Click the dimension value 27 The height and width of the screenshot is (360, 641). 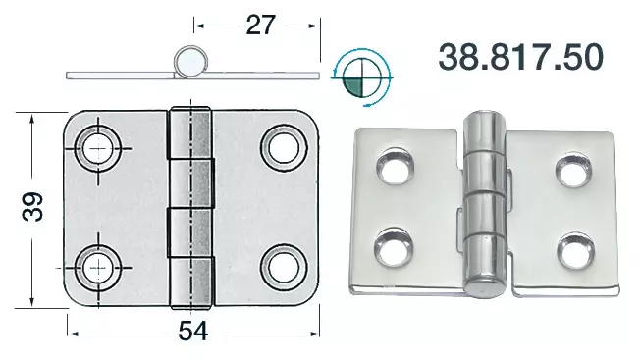[261, 25]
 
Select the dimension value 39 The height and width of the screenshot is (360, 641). [32, 207]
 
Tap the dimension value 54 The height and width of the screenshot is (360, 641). [193, 331]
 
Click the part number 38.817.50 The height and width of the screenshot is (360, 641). [520, 57]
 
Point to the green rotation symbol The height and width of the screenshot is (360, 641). [361, 77]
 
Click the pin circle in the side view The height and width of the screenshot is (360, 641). [190, 62]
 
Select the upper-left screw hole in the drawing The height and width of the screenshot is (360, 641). [98, 148]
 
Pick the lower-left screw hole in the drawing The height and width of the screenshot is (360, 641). [98, 268]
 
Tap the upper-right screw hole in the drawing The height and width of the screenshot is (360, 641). [284, 148]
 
